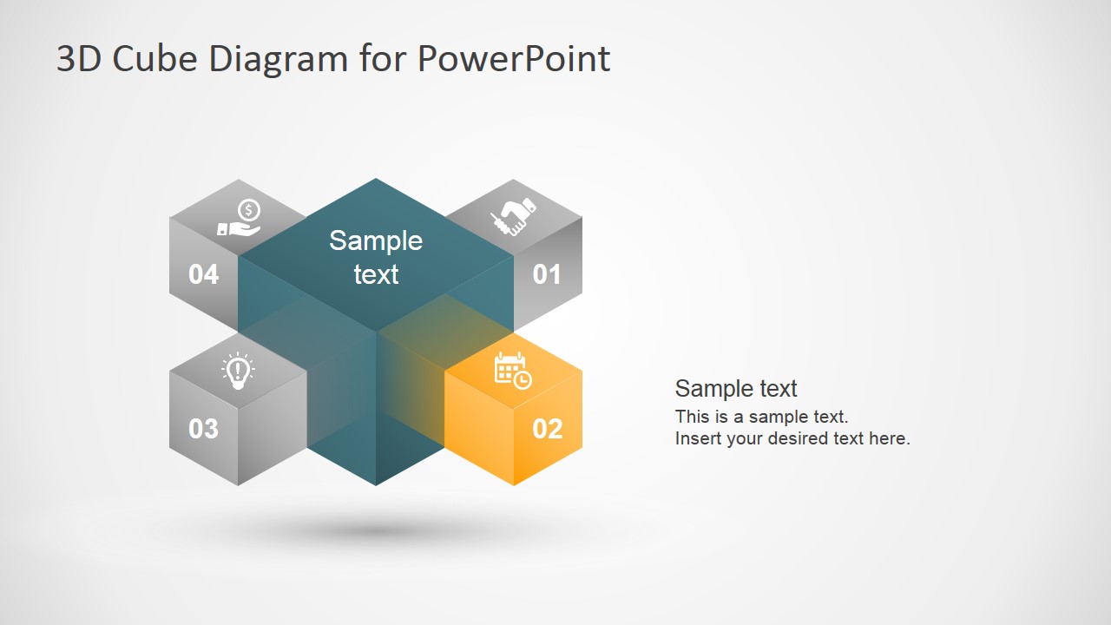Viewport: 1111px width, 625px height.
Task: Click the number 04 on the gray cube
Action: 203,274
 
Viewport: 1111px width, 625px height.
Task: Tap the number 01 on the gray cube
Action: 547,274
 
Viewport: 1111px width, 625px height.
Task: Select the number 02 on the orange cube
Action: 547,428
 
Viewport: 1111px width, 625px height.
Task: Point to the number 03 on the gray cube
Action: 203,428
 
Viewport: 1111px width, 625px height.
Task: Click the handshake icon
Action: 513,217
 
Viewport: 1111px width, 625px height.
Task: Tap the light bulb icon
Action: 238,371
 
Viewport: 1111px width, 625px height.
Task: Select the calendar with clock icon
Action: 512,371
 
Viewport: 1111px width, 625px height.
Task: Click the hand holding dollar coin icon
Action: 240,218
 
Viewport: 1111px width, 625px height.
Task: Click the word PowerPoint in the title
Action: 513,59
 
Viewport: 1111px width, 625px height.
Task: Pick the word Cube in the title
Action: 145,59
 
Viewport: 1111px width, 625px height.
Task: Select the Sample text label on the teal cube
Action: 376,257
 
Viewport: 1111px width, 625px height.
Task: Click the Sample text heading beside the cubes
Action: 736,388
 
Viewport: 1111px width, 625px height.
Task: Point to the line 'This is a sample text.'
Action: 761,416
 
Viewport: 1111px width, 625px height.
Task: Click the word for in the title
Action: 384,59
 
